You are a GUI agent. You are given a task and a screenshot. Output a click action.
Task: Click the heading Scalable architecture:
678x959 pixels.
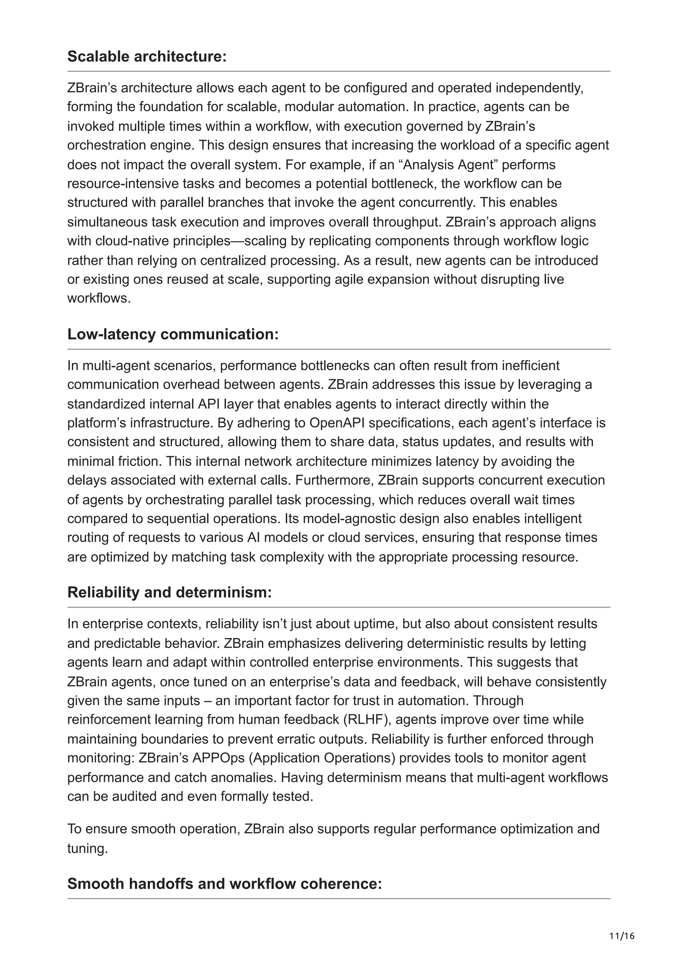(x=147, y=56)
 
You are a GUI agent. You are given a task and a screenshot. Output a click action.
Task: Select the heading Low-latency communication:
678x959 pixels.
(x=172, y=334)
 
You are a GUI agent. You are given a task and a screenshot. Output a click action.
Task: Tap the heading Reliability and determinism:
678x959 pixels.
(x=169, y=592)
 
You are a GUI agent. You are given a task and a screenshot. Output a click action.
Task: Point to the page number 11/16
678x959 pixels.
(x=622, y=936)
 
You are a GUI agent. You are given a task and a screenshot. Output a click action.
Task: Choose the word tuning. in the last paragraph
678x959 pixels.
(x=87, y=848)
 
